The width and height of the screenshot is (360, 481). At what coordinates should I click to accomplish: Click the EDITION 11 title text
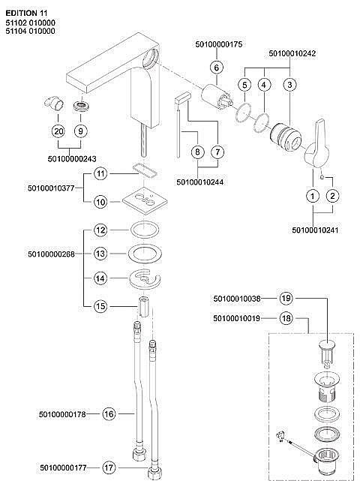pyautogui.click(x=26, y=14)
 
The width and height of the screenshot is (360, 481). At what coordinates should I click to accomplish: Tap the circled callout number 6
pyautogui.click(x=217, y=68)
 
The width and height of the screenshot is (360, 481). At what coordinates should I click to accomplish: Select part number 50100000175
pyautogui.click(x=219, y=44)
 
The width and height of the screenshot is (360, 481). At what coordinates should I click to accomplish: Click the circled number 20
pyautogui.click(x=58, y=131)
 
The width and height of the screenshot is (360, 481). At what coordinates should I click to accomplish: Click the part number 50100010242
pyautogui.click(x=292, y=53)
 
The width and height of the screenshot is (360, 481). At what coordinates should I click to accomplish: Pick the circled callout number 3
pyautogui.click(x=289, y=84)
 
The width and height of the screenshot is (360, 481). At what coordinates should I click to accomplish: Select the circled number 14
pyautogui.click(x=100, y=278)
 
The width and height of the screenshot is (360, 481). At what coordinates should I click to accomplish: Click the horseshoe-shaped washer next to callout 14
pyautogui.click(x=144, y=279)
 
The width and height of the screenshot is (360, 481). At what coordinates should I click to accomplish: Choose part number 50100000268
pyautogui.click(x=51, y=254)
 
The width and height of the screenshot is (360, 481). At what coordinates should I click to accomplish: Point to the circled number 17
pyautogui.click(x=109, y=467)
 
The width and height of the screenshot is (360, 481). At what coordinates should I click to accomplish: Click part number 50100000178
pyautogui.click(x=62, y=414)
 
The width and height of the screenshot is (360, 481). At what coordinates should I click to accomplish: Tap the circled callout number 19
pyautogui.click(x=286, y=298)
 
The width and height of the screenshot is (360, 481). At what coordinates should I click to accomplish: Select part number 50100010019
pyautogui.click(x=237, y=318)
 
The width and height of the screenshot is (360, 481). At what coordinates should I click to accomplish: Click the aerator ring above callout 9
pyautogui.click(x=81, y=107)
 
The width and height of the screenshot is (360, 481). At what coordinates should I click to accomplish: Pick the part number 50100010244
pyautogui.click(x=200, y=182)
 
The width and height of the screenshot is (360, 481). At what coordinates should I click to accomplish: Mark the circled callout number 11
pyautogui.click(x=100, y=174)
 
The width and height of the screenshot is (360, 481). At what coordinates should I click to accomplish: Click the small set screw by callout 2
pyautogui.click(x=321, y=176)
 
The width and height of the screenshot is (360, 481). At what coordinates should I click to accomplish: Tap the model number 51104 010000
pyautogui.click(x=30, y=31)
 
